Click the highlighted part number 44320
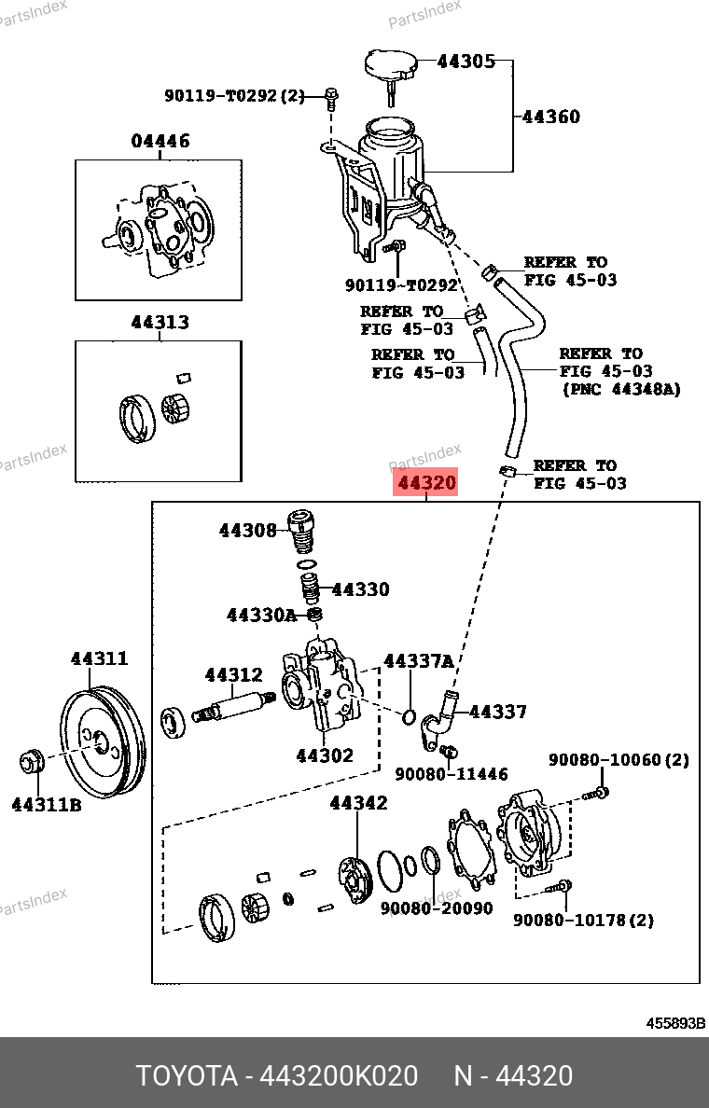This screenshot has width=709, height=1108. (x=427, y=483)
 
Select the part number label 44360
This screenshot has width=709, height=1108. (x=551, y=116)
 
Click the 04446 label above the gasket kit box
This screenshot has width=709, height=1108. (x=160, y=141)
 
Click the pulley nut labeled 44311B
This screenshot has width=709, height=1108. (x=31, y=762)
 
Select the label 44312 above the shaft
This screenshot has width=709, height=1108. (x=234, y=675)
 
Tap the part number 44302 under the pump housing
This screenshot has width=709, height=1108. (x=325, y=755)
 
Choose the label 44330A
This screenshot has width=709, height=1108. (x=261, y=616)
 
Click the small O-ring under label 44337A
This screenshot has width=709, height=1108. (x=410, y=717)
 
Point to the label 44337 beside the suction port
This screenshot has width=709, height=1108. (x=498, y=712)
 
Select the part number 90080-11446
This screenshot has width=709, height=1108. (x=451, y=774)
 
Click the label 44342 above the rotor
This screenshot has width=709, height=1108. (x=359, y=803)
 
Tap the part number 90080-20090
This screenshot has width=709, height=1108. (x=437, y=908)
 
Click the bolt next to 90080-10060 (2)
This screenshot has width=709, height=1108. (x=596, y=794)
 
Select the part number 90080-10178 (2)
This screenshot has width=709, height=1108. (x=583, y=920)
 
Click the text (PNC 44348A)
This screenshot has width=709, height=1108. (x=621, y=389)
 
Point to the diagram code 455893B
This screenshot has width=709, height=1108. (x=675, y=1023)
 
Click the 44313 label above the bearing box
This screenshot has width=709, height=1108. (x=160, y=322)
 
